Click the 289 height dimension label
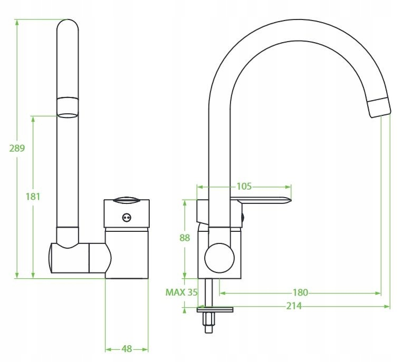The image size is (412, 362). tap(17, 148)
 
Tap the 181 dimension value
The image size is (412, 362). tap(33, 197)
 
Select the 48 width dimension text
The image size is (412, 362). tap(127, 348)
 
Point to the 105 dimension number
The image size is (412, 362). tap(244, 186)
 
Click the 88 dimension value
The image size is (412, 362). tap(185, 238)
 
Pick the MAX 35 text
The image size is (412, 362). tap(181, 292)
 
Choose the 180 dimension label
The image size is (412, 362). tap(300, 292)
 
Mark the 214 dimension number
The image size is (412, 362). tap(295, 306)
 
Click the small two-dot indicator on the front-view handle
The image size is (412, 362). tap(126, 217)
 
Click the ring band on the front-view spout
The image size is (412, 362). tap(68, 106)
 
